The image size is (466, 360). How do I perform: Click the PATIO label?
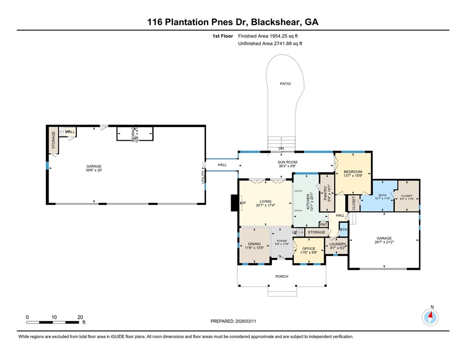click(x=285, y=84)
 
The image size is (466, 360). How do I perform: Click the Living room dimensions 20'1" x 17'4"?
click(x=265, y=205)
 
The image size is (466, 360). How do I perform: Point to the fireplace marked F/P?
click(x=242, y=203)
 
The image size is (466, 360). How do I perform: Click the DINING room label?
click(x=254, y=244)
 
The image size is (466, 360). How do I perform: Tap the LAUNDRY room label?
click(x=337, y=244)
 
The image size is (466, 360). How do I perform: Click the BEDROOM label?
click(x=353, y=172)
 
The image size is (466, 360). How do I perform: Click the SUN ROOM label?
click(x=287, y=162)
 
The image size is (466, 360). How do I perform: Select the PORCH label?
click(x=282, y=277)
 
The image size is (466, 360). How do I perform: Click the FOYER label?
click(x=282, y=241)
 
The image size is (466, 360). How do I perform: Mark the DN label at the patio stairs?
click(x=281, y=149)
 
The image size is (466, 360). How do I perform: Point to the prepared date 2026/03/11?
click(x=249, y=321)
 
